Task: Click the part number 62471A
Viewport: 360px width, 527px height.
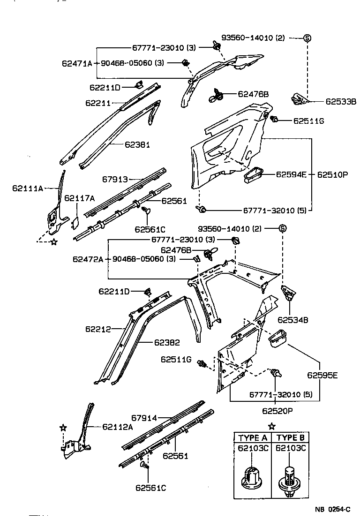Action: pos(77,63)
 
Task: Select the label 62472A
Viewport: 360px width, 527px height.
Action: pos(88,259)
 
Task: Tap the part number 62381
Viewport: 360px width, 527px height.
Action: pos(137,145)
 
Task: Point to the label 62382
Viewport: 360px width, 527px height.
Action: pos(167,343)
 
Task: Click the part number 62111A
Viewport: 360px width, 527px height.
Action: pos(27,188)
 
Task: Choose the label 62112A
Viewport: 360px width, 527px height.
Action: pos(118,427)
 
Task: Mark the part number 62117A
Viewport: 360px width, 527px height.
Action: pos(79,198)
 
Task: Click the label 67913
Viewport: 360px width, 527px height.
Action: pos(116,179)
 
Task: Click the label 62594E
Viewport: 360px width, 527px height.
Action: pos(291,174)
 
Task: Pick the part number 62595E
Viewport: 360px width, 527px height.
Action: pos(322,375)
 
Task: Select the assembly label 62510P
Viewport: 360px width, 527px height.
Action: pos(332,174)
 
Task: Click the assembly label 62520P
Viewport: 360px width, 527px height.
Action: pos(277,411)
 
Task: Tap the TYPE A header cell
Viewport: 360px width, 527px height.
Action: pos(254,437)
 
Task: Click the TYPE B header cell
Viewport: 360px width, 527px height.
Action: pos(290,437)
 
